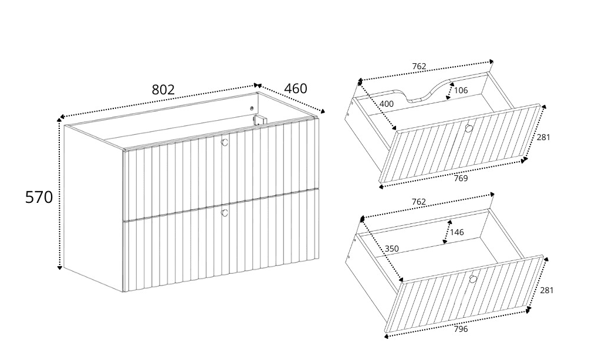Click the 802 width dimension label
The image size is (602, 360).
[x=163, y=90]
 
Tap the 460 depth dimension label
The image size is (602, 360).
[x=296, y=89]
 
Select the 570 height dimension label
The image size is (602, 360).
[x=39, y=197]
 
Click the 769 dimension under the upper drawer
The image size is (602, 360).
[x=461, y=178]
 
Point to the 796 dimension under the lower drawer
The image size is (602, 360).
[x=461, y=329]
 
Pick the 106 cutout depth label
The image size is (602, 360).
[x=461, y=90]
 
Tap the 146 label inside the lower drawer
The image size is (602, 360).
[x=457, y=232]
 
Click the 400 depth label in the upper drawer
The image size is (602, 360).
[x=386, y=104]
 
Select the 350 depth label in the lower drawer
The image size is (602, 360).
[x=391, y=249]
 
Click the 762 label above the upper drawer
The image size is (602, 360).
[x=419, y=66]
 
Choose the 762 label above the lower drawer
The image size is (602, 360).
[x=418, y=202]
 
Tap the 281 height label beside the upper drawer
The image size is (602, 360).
[x=543, y=137]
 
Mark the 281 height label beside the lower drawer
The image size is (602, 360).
[x=547, y=291]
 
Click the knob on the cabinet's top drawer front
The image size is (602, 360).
[x=225, y=142]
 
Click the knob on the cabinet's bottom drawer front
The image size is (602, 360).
[x=225, y=212]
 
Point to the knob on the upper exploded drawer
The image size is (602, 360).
[x=468, y=128]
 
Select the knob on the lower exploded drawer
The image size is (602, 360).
[x=473, y=279]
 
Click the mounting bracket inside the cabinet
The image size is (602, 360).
[x=259, y=120]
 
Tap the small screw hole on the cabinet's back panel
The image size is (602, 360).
[x=252, y=108]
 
